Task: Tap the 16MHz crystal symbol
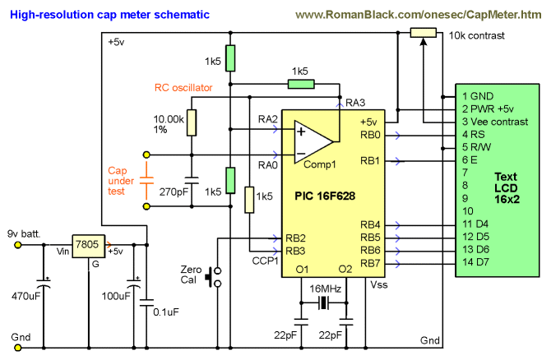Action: (x=322, y=304)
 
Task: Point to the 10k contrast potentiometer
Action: (x=423, y=34)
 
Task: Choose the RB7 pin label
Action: (x=371, y=262)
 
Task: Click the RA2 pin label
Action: (x=268, y=121)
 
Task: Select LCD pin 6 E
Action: (x=470, y=159)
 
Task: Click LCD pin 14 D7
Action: (x=475, y=262)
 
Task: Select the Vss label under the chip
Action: (x=379, y=284)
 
